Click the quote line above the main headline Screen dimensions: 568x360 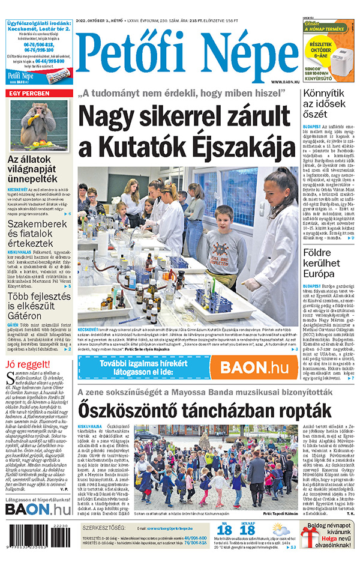[189, 94]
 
